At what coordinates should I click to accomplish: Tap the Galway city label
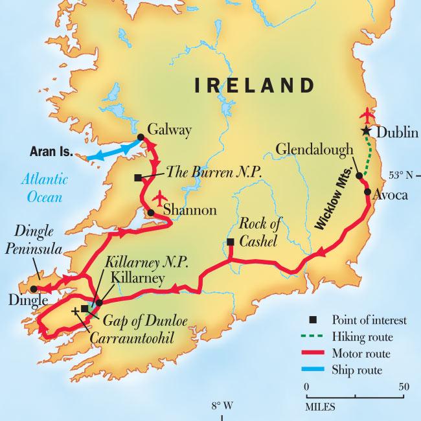click(x=170, y=130)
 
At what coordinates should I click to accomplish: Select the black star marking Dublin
click(x=367, y=131)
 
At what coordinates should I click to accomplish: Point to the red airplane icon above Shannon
click(x=160, y=196)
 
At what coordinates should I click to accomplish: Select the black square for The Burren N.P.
click(x=137, y=177)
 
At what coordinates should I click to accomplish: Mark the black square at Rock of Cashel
click(x=230, y=243)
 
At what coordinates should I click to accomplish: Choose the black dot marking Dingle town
click(x=33, y=289)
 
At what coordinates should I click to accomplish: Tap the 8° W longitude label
click(x=220, y=406)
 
